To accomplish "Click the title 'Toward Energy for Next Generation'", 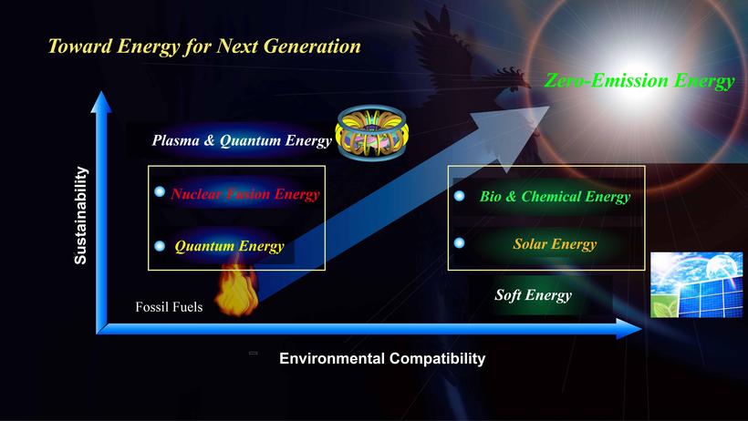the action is click(x=204, y=46).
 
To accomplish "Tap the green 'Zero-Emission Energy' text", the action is click(x=639, y=80).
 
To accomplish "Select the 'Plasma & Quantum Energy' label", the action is click(x=242, y=140).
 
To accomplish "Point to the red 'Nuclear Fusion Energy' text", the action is click(x=245, y=194).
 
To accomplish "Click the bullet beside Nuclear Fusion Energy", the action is click(x=160, y=191).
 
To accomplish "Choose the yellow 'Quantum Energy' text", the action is click(x=229, y=246).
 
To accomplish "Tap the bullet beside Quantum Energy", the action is click(x=160, y=246).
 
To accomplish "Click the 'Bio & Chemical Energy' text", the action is click(x=555, y=197).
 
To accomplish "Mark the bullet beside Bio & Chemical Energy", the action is click(x=460, y=196).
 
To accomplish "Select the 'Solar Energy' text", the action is click(x=555, y=244).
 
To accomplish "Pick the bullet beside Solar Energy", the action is click(x=460, y=243).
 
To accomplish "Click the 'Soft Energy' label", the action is click(x=533, y=295).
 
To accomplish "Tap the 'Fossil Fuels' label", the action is click(x=169, y=306).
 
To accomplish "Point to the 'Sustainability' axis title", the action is click(x=80, y=215).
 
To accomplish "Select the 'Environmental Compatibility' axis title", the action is click(x=382, y=358).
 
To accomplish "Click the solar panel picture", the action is click(x=697, y=284).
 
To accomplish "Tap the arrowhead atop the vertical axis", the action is click(x=101, y=102).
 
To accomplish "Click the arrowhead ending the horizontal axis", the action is click(x=629, y=328).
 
